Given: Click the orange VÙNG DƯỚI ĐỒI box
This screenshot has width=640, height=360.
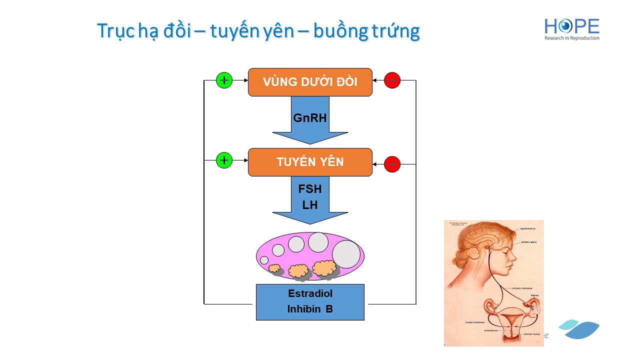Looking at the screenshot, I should tap(310, 82).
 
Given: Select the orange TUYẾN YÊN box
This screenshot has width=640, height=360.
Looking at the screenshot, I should tap(310, 162).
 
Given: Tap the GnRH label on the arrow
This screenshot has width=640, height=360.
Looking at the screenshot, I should tap(309, 118).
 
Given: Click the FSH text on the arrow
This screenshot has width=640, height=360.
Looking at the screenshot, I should tap(310, 189).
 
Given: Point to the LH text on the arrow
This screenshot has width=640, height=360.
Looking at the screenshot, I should tap(310, 205).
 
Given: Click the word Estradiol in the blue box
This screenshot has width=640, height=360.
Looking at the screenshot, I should tap(310, 293).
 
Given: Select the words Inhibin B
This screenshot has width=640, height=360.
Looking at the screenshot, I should tap(310, 309).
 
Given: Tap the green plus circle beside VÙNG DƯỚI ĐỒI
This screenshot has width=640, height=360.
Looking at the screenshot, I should tap(224, 80).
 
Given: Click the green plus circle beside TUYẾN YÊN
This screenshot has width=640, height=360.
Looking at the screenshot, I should tap(224, 160).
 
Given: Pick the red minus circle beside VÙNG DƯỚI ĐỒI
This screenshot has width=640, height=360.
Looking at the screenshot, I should tap(392, 80).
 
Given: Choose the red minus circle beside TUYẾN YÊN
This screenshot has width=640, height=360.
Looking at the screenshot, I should tap(392, 164).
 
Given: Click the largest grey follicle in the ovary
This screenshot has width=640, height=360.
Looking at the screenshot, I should tap(346, 254).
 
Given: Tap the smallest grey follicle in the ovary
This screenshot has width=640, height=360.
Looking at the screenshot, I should tap(264, 260).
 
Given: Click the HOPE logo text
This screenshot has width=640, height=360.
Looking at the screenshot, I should tap(571, 26).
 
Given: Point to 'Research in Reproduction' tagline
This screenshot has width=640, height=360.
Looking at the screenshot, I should tap(571, 38).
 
